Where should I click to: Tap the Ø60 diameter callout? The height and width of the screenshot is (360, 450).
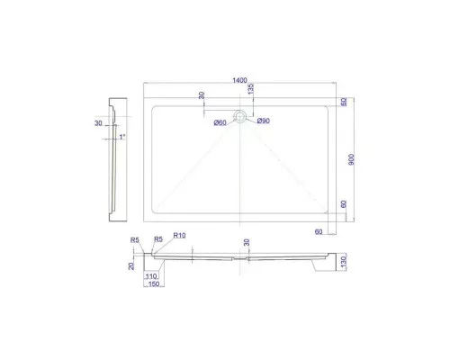click(220, 123)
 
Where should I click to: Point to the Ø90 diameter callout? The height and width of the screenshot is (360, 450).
click(264, 121)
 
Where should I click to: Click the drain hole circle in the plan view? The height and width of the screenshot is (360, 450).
click(240, 115)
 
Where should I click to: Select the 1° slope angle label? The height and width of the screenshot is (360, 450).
click(122, 137)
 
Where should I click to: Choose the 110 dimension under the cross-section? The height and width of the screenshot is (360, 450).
click(150, 277)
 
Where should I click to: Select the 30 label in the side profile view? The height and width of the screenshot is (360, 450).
click(96, 124)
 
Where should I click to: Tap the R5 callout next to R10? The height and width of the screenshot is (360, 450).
click(157, 238)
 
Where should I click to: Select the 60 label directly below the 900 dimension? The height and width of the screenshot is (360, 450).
click(343, 205)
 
